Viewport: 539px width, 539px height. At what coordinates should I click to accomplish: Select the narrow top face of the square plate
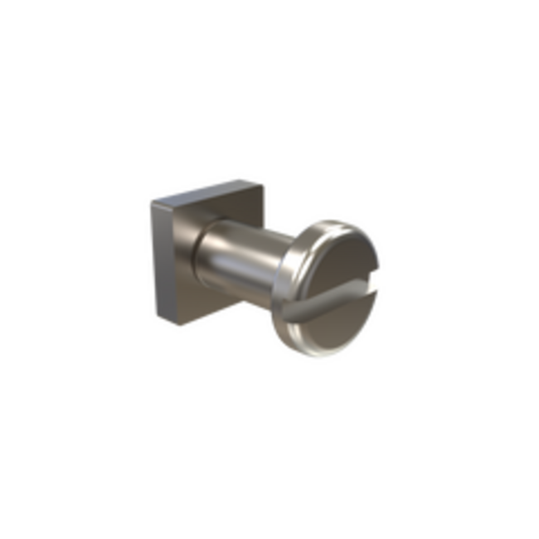click(x=207, y=186)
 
